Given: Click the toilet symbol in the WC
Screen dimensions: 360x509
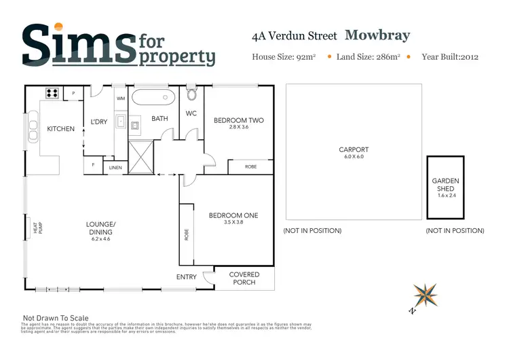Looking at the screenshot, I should [191, 94].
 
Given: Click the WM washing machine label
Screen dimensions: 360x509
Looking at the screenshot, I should [121, 98].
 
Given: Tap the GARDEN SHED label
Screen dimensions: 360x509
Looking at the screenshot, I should [445, 185].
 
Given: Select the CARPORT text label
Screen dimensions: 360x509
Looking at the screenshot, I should [354, 150].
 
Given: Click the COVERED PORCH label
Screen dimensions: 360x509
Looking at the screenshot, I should [245, 278].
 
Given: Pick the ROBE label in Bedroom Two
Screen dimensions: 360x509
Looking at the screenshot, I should [250, 166].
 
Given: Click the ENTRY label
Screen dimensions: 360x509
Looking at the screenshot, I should [186, 277].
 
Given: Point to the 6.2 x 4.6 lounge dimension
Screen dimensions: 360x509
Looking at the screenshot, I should [101, 238].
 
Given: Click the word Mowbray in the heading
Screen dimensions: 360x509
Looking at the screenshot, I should [377, 35].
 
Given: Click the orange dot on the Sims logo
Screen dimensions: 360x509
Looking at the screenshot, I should [58, 26].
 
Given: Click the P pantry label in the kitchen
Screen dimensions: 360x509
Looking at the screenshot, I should [73, 92].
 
